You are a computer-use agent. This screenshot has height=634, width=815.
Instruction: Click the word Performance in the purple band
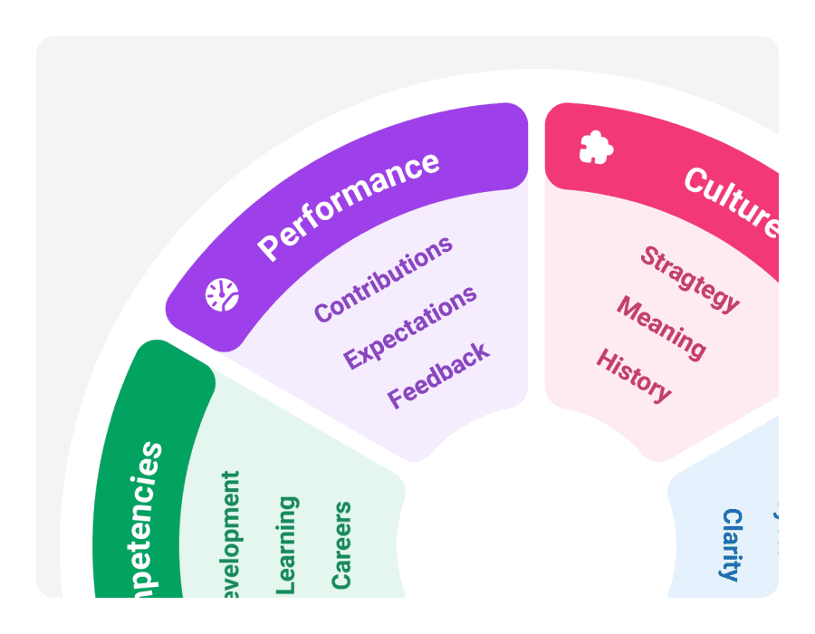(x=350, y=206)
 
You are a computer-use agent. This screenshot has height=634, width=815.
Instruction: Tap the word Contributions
(x=383, y=278)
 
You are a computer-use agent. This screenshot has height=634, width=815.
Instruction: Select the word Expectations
(x=410, y=327)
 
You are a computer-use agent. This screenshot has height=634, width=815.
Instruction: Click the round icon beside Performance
(x=222, y=294)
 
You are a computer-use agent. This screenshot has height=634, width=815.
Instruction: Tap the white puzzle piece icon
(x=596, y=147)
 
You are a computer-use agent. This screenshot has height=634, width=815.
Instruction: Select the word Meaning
(x=661, y=326)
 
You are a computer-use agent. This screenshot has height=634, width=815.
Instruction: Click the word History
(x=634, y=374)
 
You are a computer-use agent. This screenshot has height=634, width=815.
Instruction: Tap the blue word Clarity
(x=732, y=543)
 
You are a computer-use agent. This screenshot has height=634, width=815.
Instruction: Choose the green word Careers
(x=340, y=544)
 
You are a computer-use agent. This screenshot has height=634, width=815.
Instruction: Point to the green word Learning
(x=286, y=544)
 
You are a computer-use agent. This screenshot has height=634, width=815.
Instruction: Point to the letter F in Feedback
(x=396, y=397)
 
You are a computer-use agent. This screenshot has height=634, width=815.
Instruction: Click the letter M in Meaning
(x=628, y=307)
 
